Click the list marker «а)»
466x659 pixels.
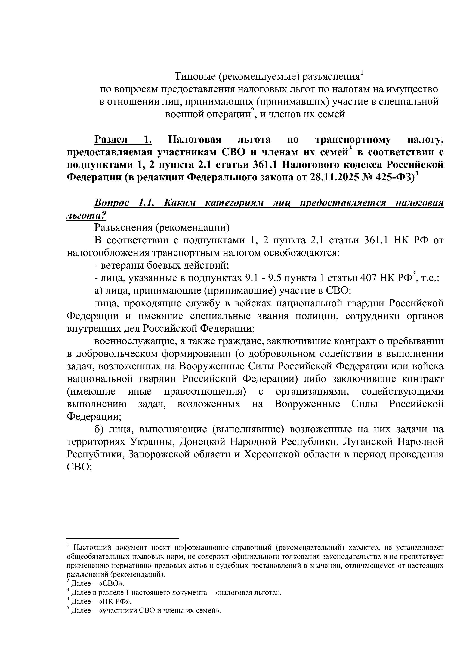tap(99, 291)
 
